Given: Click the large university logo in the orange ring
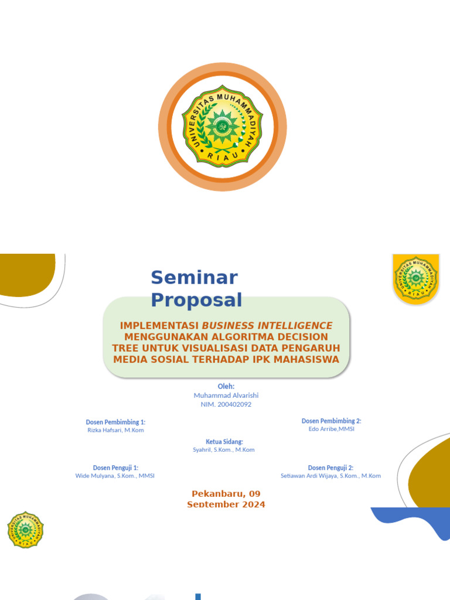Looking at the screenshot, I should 222,127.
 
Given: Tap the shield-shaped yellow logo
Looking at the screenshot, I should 415,279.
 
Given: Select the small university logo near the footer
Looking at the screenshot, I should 25,530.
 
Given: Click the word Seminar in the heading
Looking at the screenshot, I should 194,277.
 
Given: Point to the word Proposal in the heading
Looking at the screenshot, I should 196,300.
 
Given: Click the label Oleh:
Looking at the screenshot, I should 226,386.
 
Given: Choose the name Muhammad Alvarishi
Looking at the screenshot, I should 226,396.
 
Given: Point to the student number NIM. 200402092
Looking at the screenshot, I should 226,404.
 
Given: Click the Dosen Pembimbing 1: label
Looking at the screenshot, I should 115,422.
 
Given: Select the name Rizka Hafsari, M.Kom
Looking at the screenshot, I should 115,430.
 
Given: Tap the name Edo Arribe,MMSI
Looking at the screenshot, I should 332,429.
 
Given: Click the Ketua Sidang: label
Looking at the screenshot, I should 224,441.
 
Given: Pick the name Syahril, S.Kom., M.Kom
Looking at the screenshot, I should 224,450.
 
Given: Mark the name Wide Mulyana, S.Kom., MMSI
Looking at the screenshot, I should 115,476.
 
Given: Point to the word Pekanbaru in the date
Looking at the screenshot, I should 214,494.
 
